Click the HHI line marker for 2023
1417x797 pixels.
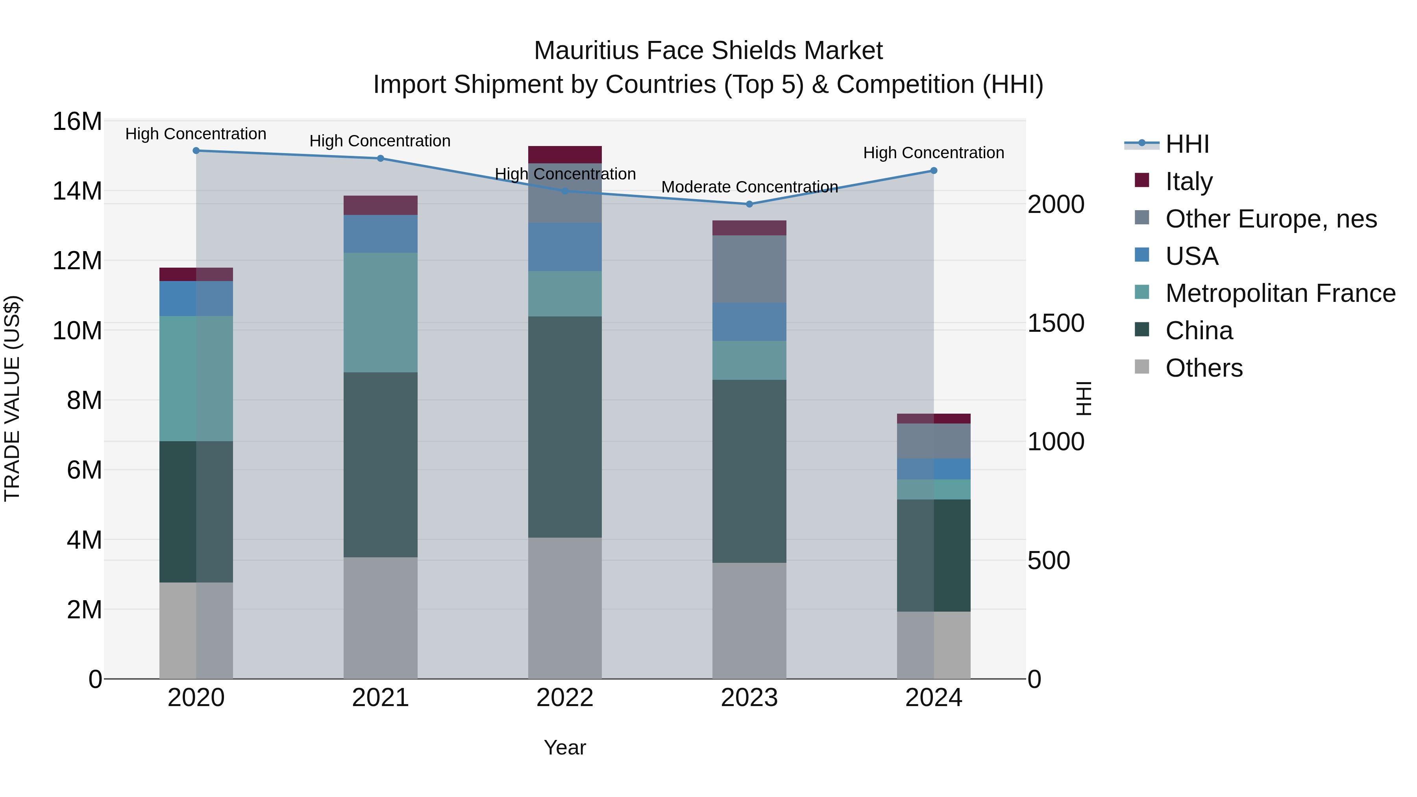coord(749,204)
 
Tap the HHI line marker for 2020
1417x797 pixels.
coord(196,150)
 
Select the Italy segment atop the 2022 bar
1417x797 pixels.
coord(565,155)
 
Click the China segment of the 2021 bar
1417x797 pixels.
coord(380,465)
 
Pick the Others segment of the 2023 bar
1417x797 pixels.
coord(749,620)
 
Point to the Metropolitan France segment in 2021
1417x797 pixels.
coord(380,313)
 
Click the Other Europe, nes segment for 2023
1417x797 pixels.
coord(749,269)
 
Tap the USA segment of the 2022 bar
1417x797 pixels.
coord(565,246)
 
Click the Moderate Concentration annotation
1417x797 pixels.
coord(749,187)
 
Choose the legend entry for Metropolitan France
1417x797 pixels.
coord(1280,293)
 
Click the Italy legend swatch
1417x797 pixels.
coord(1142,180)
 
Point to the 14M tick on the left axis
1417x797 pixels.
coord(77,191)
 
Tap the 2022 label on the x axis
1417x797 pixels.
coord(565,698)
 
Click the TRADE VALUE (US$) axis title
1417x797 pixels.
coord(12,398)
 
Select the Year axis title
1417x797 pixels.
coord(565,747)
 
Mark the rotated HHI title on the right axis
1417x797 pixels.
coord(1083,398)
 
